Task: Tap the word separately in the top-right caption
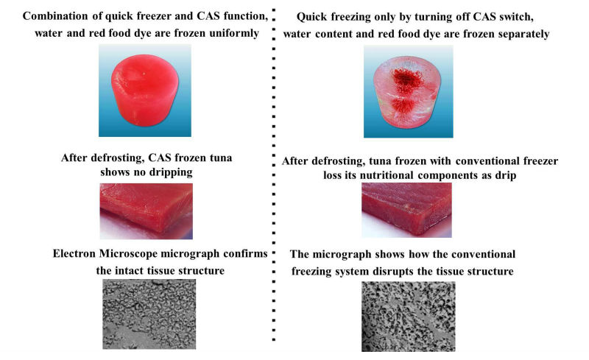(521, 34)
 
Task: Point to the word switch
(515, 17)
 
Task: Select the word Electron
(74, 254)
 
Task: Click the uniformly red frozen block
(145, 91)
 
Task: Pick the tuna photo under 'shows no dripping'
(146, 211)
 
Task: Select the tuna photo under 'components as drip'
(407, 210)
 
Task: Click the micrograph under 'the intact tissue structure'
(149, 314)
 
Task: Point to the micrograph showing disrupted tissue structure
(409, 317)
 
